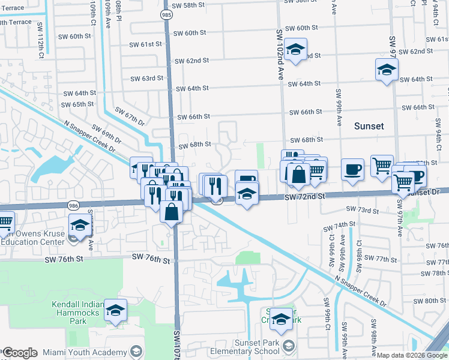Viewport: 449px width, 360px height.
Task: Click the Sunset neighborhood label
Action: (x=369, y=126)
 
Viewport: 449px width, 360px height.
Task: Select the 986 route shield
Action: (x=73, y=205)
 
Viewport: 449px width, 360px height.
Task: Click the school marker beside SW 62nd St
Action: (x=295, y=50)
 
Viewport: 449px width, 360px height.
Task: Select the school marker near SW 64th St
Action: (x=386, y=70)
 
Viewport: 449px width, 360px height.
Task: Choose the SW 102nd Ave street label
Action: (x=280, y=54)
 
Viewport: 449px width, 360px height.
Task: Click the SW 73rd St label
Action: (x=362, y=210)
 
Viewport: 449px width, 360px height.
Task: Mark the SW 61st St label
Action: (x=146, y=44)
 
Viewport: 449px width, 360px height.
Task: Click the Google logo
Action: (x=20, y=353)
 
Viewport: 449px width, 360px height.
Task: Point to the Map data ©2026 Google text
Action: (x=411, y=355)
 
